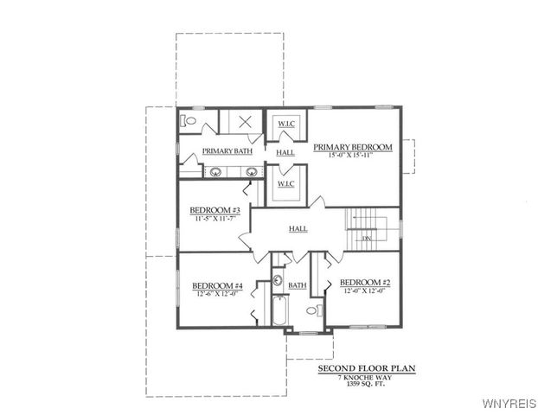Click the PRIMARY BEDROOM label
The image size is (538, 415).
[x=353, y=147]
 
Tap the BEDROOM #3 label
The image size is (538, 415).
[x=215, y=210]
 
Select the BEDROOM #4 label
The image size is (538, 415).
[x=216, y=285]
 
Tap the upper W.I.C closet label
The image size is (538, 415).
[x=286, y=124]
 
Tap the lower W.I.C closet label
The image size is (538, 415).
[x=286, y=183]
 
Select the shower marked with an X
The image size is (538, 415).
[x=245, y=122]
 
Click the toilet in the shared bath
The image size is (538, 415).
[x=312, y=309]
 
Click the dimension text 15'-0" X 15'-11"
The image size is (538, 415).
[x=353, y=156]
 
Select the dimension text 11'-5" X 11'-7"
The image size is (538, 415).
[x=215, y=219]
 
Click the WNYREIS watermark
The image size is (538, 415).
[x=510, y=402]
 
